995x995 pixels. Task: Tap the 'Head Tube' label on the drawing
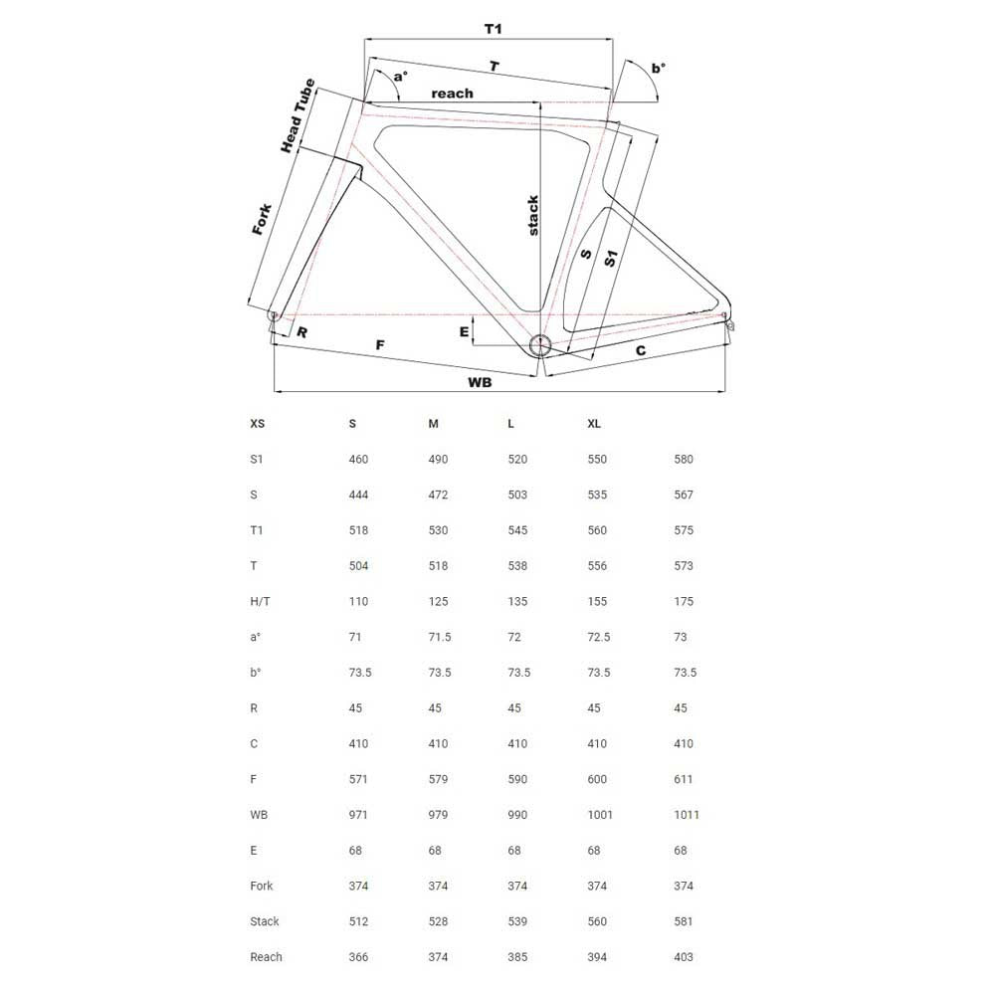click(x=298, y=115)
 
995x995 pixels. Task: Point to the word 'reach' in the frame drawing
click(x=452, y=93)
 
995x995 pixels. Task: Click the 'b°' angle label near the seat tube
click(x=658, y=69)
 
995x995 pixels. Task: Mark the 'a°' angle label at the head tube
click(x=400, y=77)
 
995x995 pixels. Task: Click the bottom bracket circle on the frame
click(x=539, y=345)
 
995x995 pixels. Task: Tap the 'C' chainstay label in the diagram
click(x=641, y=350)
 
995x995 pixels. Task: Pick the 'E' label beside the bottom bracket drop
click(x=464, y=331)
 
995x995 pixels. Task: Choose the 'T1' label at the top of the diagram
click(x=493, y=28)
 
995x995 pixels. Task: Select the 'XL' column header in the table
click(x=594, y=424)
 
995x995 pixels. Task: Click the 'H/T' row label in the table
click(x=260, y=602)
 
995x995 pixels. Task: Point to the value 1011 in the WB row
click(x=687, y=815)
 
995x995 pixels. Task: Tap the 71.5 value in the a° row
click(x=439, y=637)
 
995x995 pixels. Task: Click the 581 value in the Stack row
click(x=683, y=921)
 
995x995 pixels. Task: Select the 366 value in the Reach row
click(x=358, y=957)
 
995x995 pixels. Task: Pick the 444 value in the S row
click(x=358, y=495)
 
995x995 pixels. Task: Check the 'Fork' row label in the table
click(x=262, y=886)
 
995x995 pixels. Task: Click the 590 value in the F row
click(x=517, y=779)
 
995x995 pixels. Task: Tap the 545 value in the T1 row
click(x=517, y=530)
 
